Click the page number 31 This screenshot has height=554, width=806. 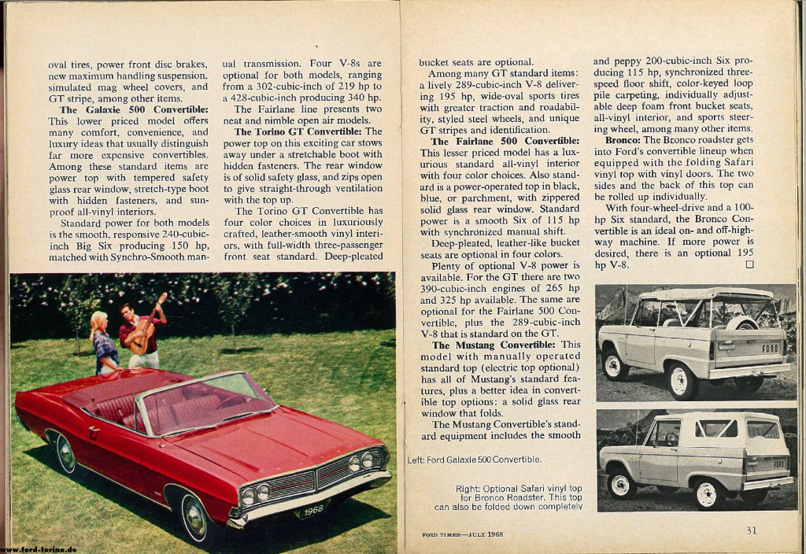[x=752, y=530]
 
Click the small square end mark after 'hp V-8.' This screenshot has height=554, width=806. [x=749, y=265]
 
